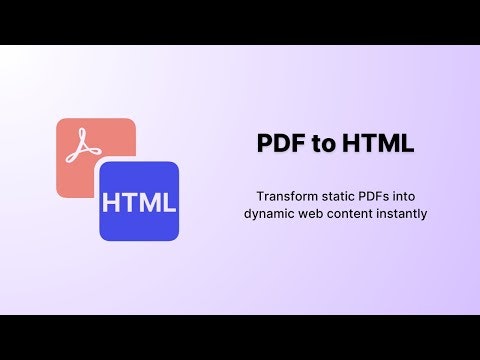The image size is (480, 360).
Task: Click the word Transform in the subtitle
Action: tap(284, 196)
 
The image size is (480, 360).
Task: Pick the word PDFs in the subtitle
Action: tap(375, 196)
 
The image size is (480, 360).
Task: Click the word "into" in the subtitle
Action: tap(411, 196)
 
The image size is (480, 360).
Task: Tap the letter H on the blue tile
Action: tap(112, 202)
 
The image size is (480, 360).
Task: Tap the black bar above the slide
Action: tap(240, 22)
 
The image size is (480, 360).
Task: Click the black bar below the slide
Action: tap(240, 337)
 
